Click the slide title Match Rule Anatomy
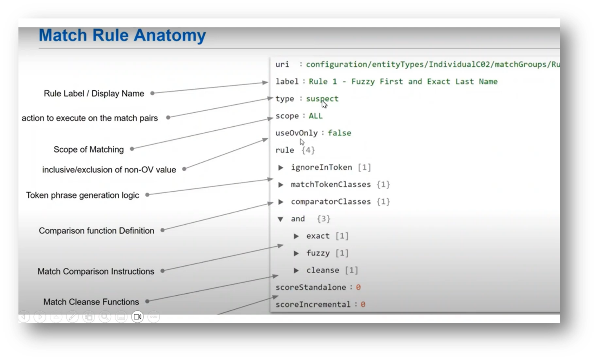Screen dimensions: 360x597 pos(122,35)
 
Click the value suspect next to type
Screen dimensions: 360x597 pos(322,99)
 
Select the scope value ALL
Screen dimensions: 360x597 pos(316,116)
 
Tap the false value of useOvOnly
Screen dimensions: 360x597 pos(339,133)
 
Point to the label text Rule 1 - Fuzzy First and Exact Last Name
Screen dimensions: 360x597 pos(403,82)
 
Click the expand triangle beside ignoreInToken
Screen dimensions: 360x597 pos(281,168)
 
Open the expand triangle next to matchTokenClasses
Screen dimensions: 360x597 pos(281,185)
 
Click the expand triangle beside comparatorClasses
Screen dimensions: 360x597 pos(281,202)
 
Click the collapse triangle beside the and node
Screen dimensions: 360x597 pos(281,219)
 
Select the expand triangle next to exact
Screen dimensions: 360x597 pos(297,236)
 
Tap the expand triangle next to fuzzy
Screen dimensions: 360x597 pos(297,253)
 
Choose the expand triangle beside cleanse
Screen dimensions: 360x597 pos(297,270)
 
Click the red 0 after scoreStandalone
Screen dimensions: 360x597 pos(358,288)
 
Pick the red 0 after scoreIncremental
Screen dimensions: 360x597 pos(363,305)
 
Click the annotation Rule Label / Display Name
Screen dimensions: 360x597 pos(94,93)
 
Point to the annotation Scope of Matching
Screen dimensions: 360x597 pos(88,150)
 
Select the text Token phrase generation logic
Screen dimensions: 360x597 pos(82,195)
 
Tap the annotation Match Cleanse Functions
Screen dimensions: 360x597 pos(91,302)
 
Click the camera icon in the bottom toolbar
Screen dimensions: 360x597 pos(137,316)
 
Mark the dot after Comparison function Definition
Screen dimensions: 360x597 pos(162,230)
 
